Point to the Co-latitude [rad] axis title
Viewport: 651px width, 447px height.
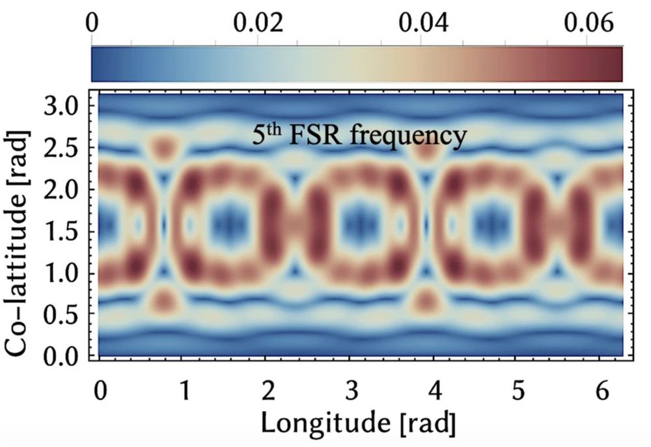tap(20, 225)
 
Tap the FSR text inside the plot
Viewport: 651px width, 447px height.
tap(317, 136)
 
